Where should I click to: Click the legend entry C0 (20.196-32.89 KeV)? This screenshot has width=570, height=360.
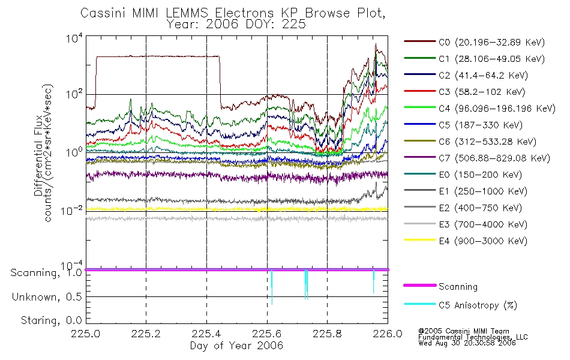tap(474, 42)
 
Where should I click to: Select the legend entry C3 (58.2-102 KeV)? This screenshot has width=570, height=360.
tap(464, 92)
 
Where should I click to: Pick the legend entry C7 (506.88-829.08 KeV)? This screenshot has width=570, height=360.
tap(477, 158)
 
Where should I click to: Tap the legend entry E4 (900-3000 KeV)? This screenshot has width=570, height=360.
tap(466, 241)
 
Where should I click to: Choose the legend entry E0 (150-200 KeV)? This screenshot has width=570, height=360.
tap(463, 175)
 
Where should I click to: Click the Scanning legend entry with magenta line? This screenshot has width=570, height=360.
tap(440, 287)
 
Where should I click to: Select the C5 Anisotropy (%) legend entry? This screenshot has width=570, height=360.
tap(460, 305)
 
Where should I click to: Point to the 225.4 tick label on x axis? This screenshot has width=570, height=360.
tap(206, 334)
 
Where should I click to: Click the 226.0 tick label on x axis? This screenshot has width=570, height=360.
tap(388, 334)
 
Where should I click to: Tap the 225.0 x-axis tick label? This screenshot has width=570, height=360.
tap(86, 334)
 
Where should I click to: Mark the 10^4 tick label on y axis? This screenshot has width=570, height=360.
tap(74, 38)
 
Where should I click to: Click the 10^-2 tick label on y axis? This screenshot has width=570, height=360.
tap(71, 210)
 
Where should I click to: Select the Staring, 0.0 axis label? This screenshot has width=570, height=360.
tap(51, 320)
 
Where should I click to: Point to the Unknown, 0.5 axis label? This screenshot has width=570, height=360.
tap(47, 297)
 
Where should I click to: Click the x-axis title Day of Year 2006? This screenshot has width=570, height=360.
tap(236, 346)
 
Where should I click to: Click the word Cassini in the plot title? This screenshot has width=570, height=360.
tap(103, 13)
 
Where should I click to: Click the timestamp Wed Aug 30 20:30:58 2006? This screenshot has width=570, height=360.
tap(467, 343)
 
